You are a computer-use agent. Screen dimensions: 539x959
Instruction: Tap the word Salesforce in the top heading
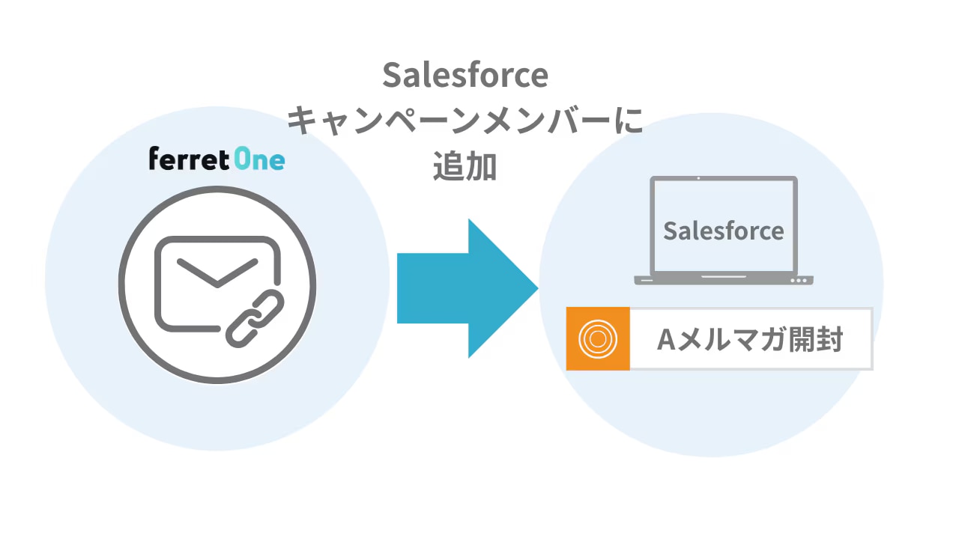pos(465,76)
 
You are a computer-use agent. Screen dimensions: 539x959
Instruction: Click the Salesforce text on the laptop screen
pos(723,231)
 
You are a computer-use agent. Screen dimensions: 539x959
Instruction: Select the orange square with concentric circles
pos(598,338)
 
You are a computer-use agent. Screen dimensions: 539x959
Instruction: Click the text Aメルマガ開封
pos(750,339)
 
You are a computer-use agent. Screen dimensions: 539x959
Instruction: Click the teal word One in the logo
pos(258,159)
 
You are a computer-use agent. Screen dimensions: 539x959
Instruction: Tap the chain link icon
pos(253,319)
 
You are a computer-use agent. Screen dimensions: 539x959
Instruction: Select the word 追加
pos(465,167)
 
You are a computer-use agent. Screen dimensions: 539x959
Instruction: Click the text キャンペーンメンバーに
pos(465,122)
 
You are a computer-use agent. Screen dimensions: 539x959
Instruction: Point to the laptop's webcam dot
pos(698,178)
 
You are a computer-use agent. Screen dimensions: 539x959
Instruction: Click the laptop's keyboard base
pos(723,280)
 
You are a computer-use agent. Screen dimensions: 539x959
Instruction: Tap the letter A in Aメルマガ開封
pos(667,340)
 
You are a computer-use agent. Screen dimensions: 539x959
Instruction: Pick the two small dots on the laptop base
pos(799,281)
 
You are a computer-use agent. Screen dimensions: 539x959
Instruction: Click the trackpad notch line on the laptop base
pos(723,276)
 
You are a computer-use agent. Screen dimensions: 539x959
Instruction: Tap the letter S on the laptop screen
pos(671,231)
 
